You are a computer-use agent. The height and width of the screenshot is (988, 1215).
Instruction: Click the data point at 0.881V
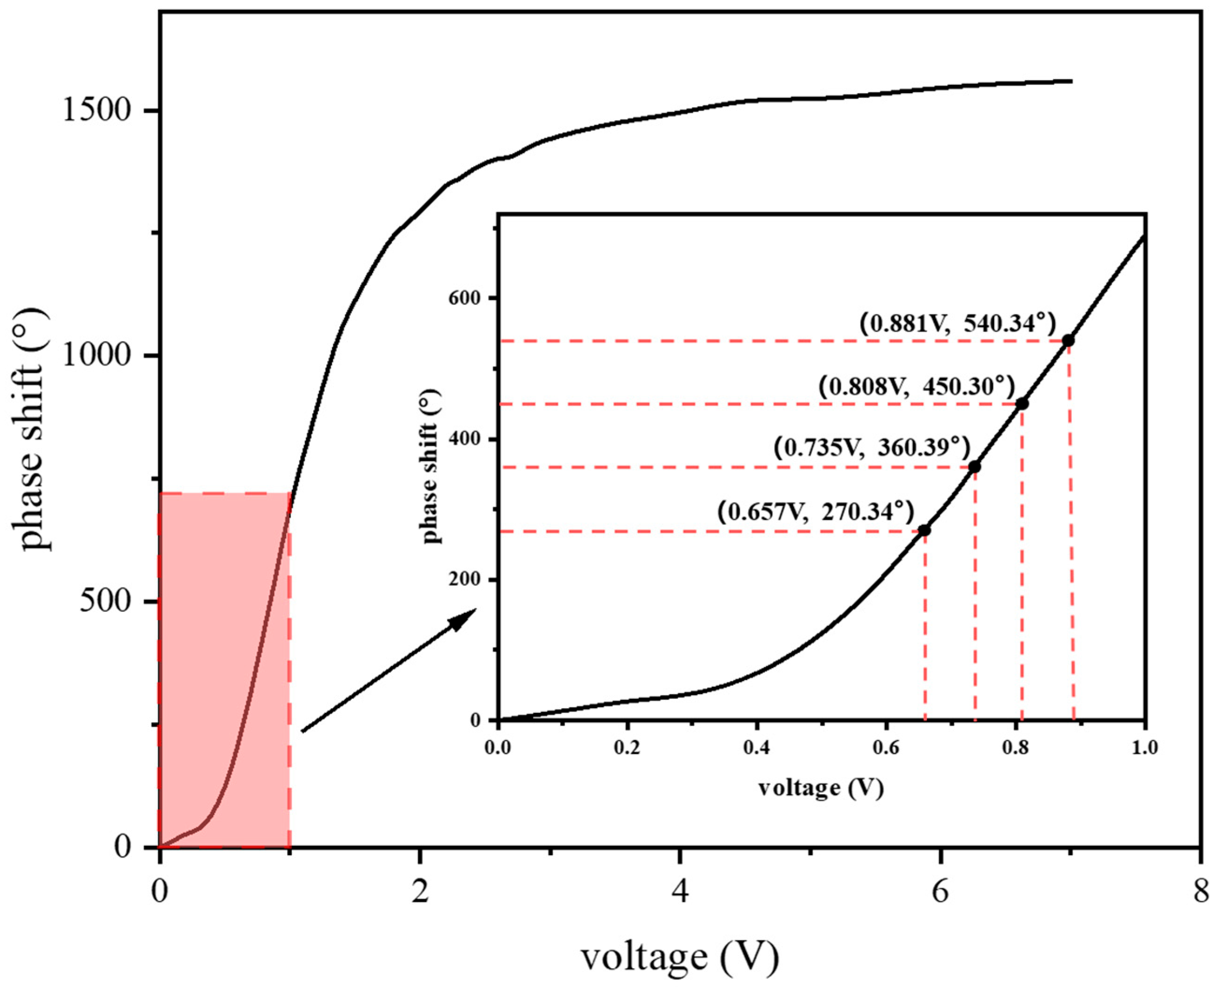coord(1068,341)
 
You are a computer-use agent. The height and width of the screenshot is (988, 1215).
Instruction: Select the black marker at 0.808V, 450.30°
coord(1022,404)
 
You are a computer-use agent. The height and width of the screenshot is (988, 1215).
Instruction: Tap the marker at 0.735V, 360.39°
coord(974,467)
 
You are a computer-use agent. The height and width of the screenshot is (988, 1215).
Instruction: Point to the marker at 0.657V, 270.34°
coord(925,530)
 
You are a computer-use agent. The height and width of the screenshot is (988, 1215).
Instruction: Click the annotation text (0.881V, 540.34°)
coord(957,323)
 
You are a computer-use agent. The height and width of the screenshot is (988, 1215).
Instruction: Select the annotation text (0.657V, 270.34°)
coord(815,512)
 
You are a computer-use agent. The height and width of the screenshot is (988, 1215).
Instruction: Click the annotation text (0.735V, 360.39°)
coord(871,448)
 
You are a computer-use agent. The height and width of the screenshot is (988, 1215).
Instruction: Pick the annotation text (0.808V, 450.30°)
coord(916,387)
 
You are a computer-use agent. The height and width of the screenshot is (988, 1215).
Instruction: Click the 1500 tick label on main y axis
coord(96,110)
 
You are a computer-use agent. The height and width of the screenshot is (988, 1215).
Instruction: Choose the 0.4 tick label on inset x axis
coord(756,747)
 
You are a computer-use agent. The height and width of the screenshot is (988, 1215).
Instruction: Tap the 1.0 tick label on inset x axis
coord(1143,747)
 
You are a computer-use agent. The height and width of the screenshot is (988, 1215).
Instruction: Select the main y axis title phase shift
coord(32,430)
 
